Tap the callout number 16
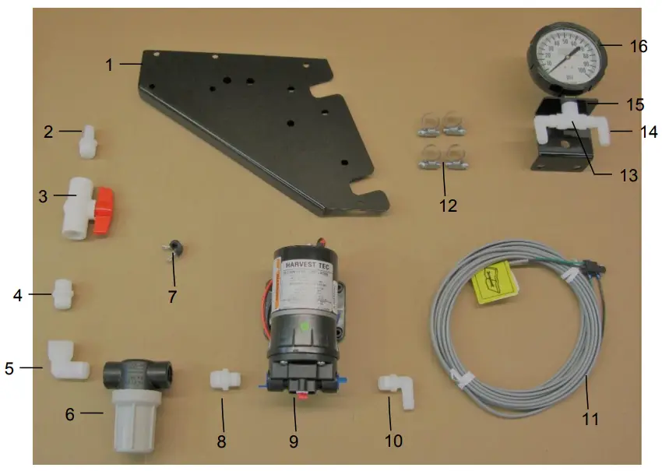[638, 46]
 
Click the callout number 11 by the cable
[590, 418]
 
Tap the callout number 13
[627, 176]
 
